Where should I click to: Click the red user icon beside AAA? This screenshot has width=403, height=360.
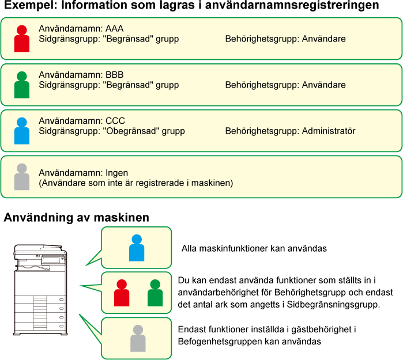click(x=21, y=39)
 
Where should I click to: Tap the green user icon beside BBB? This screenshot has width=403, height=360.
click(x=21, y=85)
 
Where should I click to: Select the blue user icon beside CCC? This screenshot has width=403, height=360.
click(x=21, y=131)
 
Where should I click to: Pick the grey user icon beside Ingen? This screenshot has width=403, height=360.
click(x=21, y=177)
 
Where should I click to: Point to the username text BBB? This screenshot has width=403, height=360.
click(x=115, y=75)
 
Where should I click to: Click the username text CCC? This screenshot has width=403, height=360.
click(x=115, y=121)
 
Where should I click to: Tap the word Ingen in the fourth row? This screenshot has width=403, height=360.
click(x=117, y=173)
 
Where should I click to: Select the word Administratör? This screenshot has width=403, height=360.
click(x=329, y=131)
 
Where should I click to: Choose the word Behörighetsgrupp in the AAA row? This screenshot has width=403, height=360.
click(x=262, y=39)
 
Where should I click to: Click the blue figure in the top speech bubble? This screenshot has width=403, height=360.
click(x=137, y=248)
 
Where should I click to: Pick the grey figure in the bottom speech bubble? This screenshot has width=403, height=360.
click(x=138, y=338)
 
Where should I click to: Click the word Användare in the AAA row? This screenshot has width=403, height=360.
click(x=323, y=39)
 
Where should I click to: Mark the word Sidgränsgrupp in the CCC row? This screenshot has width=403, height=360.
click(x=65, y=131)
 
